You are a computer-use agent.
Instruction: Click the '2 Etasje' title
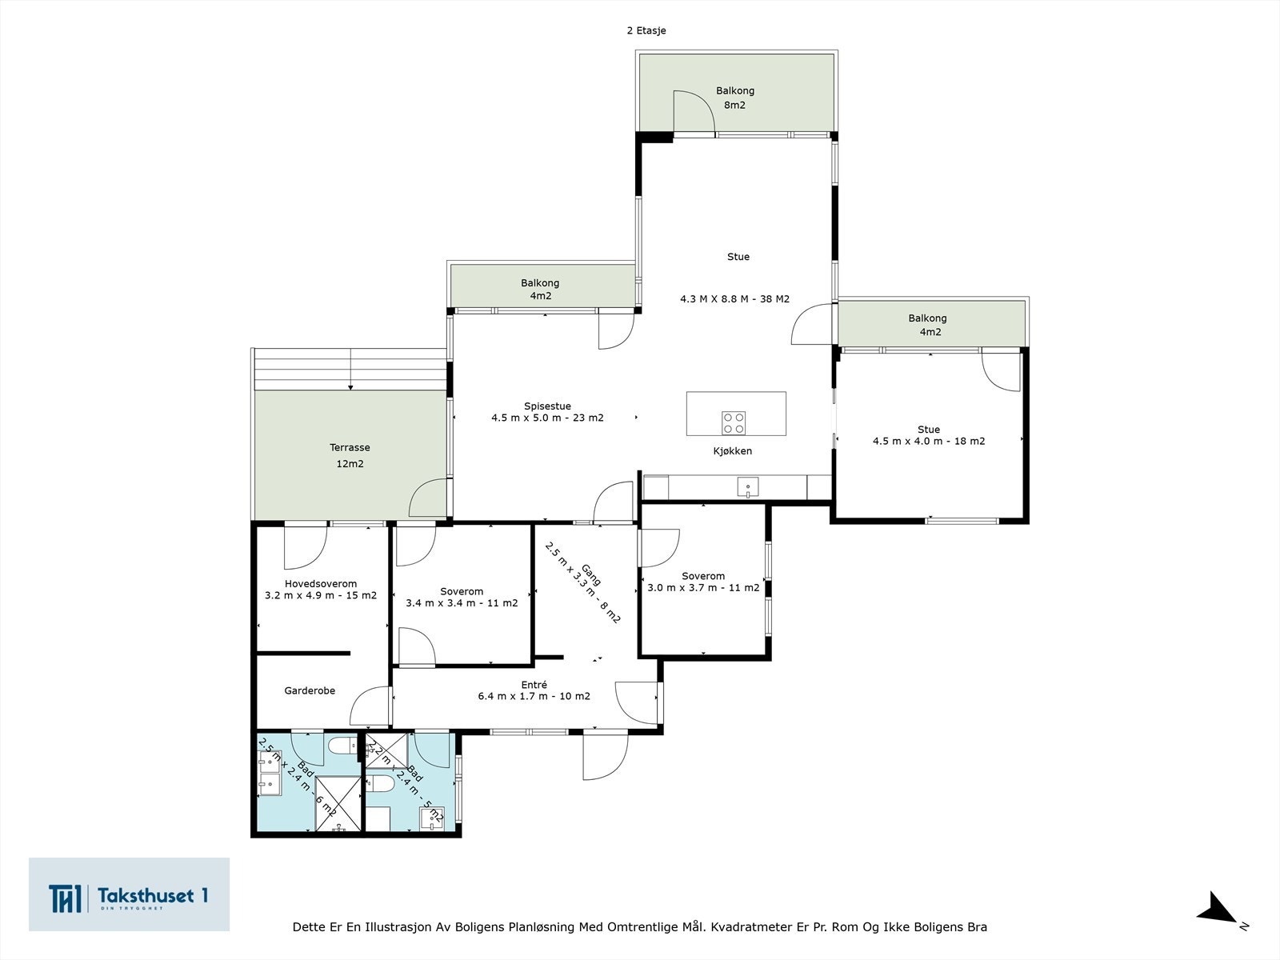(x=646, y=30)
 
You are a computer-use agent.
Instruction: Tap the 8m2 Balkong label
(x=734, y=98)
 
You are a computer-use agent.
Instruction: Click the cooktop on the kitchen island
(x=734, y=422)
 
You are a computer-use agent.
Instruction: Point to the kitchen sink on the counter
(x=747, y=486)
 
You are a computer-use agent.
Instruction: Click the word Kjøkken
(x=732, y=451)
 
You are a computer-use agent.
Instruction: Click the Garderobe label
(x=310, y=690)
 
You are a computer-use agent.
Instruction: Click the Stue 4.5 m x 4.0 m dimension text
(x=928, y=441)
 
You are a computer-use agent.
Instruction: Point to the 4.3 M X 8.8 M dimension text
(x=734, y=299)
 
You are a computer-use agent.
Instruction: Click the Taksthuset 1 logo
(x=129, y=894)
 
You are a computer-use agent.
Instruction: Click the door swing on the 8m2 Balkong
(x=692, y=112)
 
